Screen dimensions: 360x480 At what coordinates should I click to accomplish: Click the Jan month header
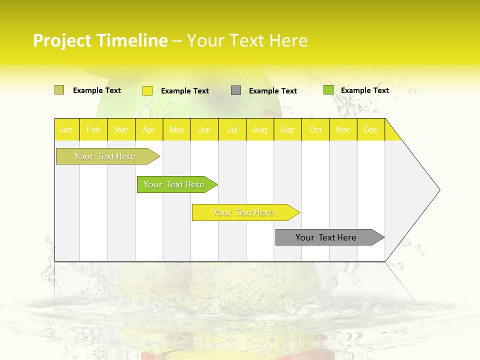click(x=66, y=129)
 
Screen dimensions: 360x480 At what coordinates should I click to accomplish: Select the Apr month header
click(x=149, y=129)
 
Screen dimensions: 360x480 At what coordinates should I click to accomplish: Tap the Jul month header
click(x=232, y=129)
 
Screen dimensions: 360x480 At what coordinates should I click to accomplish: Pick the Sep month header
click(x=287, y=129)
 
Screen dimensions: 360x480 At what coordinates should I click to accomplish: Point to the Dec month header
click(x=371, y=129)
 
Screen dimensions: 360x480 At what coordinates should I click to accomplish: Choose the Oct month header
click(x=315, y=129)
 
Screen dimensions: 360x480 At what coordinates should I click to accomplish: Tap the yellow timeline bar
click(x=243, y=212)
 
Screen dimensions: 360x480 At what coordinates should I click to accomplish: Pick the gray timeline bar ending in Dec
click(x=326, y=237)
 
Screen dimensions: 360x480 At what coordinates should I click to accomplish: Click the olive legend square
click(x=59, y=90)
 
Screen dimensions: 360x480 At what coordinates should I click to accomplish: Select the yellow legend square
click(x=147, y=90)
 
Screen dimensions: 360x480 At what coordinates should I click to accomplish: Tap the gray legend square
click(x=236, y=90)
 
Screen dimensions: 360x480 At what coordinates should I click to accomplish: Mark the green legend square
click(x=328, y=90)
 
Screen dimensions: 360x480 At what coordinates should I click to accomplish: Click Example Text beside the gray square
click(x=273, y=90)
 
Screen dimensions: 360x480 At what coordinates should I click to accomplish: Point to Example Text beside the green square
click(x=365, y=90)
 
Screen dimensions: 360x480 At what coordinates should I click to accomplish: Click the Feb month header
click(x=93, y=129)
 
